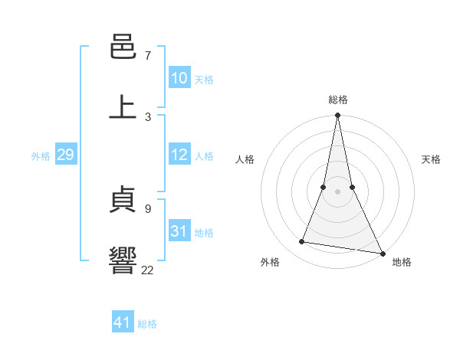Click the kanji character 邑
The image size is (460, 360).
pyautogui.click(x=123, y=47)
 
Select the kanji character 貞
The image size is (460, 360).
pyautogui.click(x=123, y=201)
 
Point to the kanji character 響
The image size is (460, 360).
pyautogui.click(x=123, y=260)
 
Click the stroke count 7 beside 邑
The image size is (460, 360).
pyautogui.click(x=148, y=56)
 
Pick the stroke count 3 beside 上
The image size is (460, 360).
pyautogui.click(x=148, y=116)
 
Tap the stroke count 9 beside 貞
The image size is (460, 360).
pyautogui.click(x=148, y=208)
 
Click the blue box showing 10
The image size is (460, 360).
pyautogui.click(x=179, y=78)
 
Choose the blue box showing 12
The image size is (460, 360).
pyautogui.click(x=179, y=155)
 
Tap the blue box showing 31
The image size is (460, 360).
pyautogui.click(x=179, y=231)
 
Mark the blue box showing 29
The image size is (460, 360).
pyautogui.click(x=65, y=155)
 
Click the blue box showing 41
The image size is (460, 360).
pyautogui.click(x=123, y=322)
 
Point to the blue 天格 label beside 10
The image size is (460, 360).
pyautogui.click(x=204, y=80)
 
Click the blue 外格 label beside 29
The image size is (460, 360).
pyautogui.click(x=41, y=156)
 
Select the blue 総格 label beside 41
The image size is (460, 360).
pyautogui.click(x=147, y=324)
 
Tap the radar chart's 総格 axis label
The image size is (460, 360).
pyautogui.click(x=338, y=100)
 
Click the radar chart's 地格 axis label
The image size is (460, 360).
pyautogui.click(x=402, y=262)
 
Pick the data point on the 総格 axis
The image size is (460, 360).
pyautogui.click(x=338, y=116)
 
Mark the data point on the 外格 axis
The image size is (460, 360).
pyautogui.click(x=302, y=242)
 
